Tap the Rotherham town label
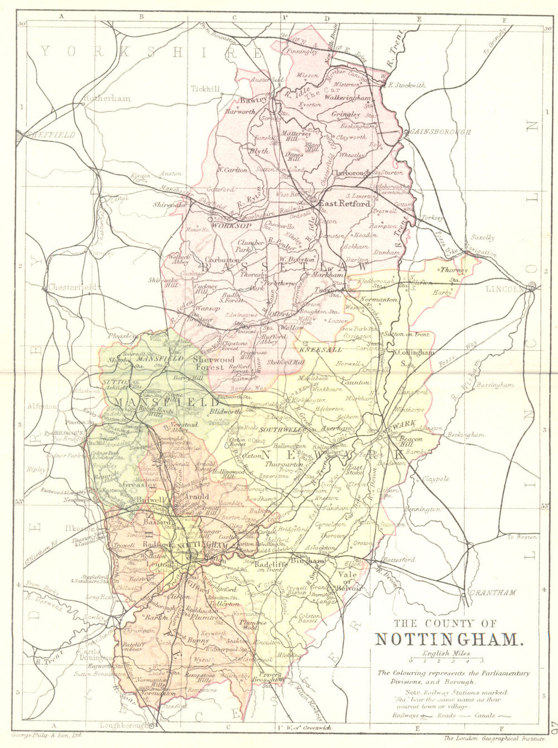[107, 98]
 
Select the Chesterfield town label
[73, 287]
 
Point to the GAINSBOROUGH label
[441, 132]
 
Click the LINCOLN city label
[504, 289]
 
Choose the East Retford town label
[344, 204]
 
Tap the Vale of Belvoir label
[350, 581]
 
